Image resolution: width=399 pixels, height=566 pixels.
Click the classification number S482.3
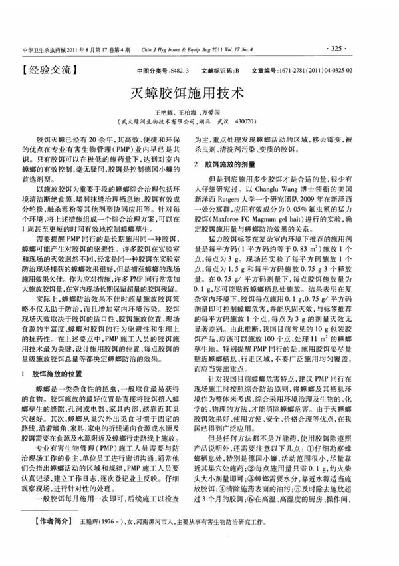[x=179, y=69]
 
